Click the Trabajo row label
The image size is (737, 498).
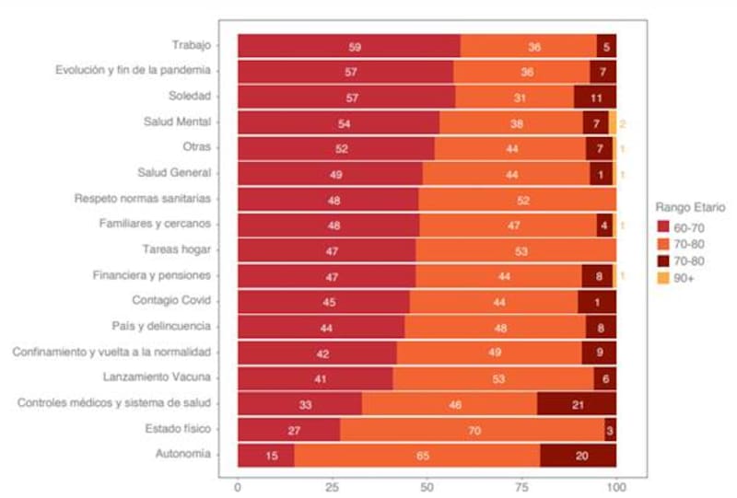click(191, 45)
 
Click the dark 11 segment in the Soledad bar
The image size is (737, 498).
click(595, 97)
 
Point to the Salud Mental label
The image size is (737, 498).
click(178, 122)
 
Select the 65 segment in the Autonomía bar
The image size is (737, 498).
click(416, 456)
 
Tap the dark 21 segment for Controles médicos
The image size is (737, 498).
click(577, 404)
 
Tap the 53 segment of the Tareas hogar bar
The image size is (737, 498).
click(516, 250)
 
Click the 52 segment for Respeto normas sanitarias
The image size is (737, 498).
click(517, 199)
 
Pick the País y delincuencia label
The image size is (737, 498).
click(159, 326)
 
